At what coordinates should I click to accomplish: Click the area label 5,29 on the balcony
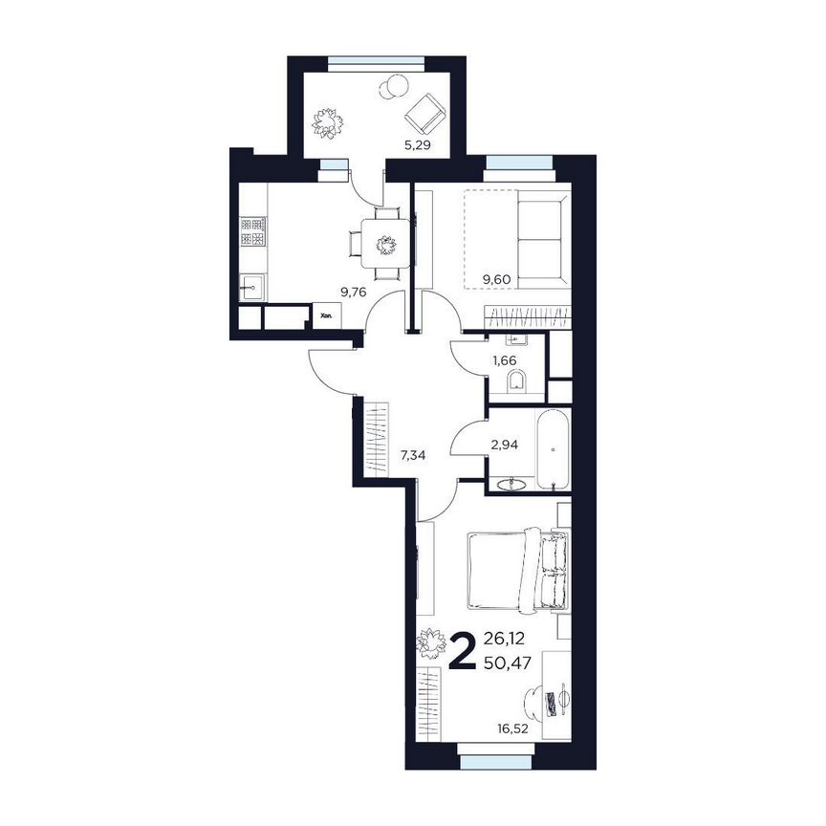[415, 146]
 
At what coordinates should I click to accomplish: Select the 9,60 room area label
[498, 279]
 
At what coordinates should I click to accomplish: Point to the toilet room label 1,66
[503, 361]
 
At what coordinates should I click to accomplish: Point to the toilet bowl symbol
[517, 384]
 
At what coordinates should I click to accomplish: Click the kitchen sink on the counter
[253, 286]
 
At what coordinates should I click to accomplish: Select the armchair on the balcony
[424, 114]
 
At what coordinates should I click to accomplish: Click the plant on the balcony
[329, 121]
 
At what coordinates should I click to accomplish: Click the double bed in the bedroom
[517, 571]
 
